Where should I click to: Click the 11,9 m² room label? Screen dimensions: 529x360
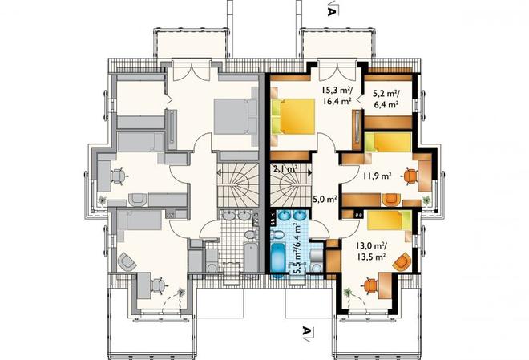pyautogui.click(x=378, y=175)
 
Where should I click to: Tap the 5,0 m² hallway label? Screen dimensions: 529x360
pyautogui.click(x=325, y=199)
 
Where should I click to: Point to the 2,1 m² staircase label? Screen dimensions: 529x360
pyautogui.click(x=285, y=169)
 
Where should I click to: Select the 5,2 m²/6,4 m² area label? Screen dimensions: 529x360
pyautogui.click(x=386, y=98)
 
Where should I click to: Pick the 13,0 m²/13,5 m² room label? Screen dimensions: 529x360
pyautogui.click(x=371, y=252)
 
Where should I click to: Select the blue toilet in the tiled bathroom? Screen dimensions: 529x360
pyautogui.click(x=278, y=233)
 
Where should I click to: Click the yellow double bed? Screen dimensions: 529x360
pyautogui.click(x=293, y=115)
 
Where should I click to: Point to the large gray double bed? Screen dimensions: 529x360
pyautogui.click(x=236, y=116)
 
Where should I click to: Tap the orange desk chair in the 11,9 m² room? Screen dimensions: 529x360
pyautogui.click(x=410, y=176)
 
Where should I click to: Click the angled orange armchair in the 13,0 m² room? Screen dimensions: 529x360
pyautogui.click(x=402, y=262)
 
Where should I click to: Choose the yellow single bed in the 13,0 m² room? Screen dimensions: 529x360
pyautogui.click(x=389, y=220)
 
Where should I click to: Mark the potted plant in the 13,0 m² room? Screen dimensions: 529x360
pyautogui.click(x=348, y=292)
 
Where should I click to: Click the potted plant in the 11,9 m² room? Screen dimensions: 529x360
pyautogui.click(x=426, y=200)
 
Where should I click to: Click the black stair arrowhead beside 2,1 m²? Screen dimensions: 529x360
pyautogui.click(x=309, y=172)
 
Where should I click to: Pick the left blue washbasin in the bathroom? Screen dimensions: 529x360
pyautogui.click(x=285, y=215)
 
